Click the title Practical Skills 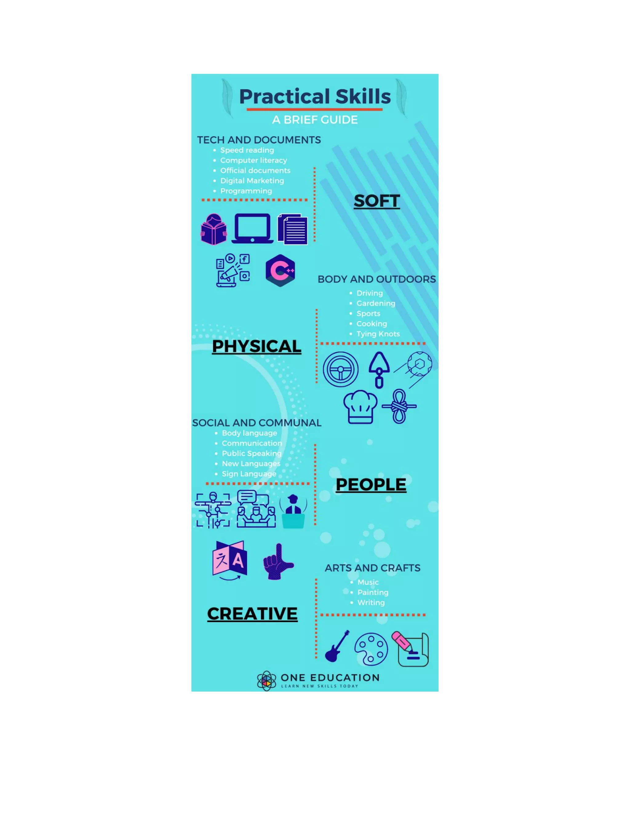pos(315,97)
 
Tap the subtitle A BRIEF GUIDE pos(315,120)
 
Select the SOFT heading pos(377,201)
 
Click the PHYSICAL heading pos(257,346)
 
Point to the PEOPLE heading pos(371,485)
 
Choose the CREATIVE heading pos(252,614)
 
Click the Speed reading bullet pos(247,150)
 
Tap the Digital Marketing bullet pos(252,181)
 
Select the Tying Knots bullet pos(378,334)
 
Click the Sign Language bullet pos(249,474)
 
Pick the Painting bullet pos(373,593)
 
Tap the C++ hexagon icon pos(280,271)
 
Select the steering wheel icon pos(341,369)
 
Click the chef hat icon pos(360,407)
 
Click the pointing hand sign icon pos(278,562)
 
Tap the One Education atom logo pos(266,681)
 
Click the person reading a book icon pos(213,229)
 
